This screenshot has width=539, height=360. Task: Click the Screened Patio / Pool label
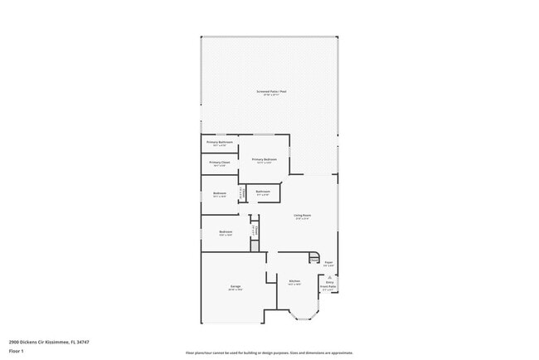(x=270, y=91)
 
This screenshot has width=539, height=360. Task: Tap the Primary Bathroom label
(x=219, y=142)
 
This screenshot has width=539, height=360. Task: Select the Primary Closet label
(x=219, y=162)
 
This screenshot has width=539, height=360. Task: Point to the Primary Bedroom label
(x=264, y=159)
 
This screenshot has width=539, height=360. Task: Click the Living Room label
(x=302, y=216)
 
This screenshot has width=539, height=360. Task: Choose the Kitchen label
(x=294, y=281)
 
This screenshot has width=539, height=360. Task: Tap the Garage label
(x=236, y=286)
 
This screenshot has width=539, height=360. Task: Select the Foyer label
(x=328, y=262)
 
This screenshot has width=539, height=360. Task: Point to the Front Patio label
(x=329, y=286)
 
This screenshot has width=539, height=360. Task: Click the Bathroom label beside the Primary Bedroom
(x=263, y=192)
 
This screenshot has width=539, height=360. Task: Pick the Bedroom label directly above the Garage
(x=226, y=231)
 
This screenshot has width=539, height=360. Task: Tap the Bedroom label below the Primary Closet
(x=219, y=193)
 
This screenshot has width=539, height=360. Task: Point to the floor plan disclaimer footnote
(x=269, y=353)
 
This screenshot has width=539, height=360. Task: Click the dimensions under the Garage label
(x=236, y=289)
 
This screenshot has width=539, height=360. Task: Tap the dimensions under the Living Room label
(x=302, y=219)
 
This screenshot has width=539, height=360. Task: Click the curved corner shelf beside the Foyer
(x=314, y=257)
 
